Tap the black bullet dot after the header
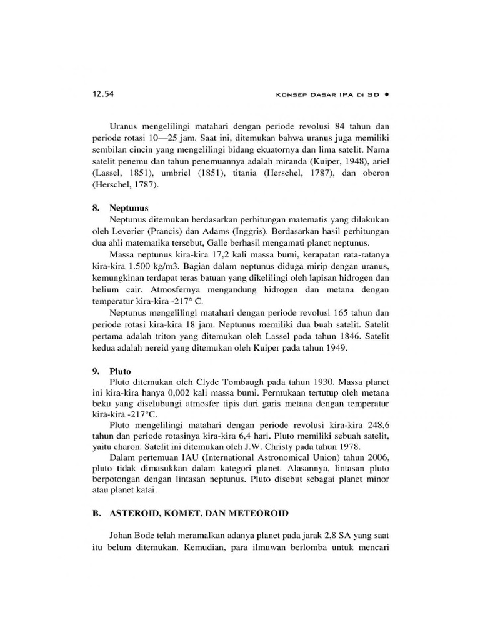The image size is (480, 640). (387, 95)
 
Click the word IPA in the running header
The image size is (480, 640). (347, 95)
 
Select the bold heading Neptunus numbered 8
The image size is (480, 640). (127, 208)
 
